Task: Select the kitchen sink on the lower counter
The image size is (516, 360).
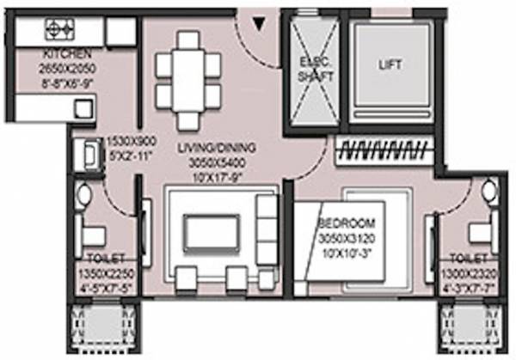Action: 83,107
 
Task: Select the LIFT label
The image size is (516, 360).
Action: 390,64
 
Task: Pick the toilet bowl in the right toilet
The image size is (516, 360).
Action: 488,192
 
